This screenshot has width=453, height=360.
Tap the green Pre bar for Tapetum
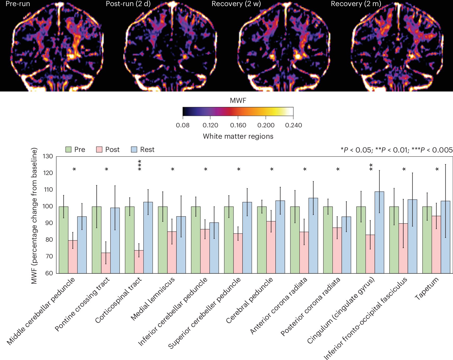[x=427, y=240]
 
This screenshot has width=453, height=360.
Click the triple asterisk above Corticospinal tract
[x=140, y=165]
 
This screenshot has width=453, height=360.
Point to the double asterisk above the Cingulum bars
[x=371, y=167]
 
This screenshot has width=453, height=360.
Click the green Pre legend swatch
[x=68, y=150]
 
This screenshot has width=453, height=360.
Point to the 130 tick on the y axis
[x=48, y=156]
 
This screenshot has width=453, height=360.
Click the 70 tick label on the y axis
[x=49, y=256]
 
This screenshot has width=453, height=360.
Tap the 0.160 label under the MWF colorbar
[x=238, y=125]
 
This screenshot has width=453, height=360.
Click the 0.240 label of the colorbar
[x=293, y=125]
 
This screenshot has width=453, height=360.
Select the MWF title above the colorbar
[x=238, y=101]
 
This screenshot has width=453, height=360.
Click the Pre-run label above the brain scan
[x=18, y=4]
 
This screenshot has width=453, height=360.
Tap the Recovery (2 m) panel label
[x=356, y=4]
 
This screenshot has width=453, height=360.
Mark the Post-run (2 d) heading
[x=128, y=4]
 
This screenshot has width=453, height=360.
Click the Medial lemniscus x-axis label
[x=153, y=298]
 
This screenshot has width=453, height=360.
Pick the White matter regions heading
[x=238, y=136]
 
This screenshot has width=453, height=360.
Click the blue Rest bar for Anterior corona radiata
[x=313, y=236]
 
